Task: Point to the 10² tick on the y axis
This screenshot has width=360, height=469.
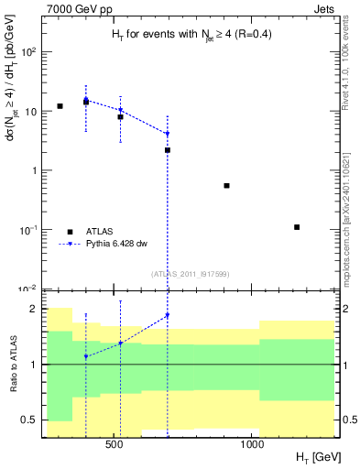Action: point(30,52)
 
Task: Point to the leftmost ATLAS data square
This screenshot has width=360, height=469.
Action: point(60,106)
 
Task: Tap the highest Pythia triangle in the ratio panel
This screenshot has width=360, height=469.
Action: point(167,315)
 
